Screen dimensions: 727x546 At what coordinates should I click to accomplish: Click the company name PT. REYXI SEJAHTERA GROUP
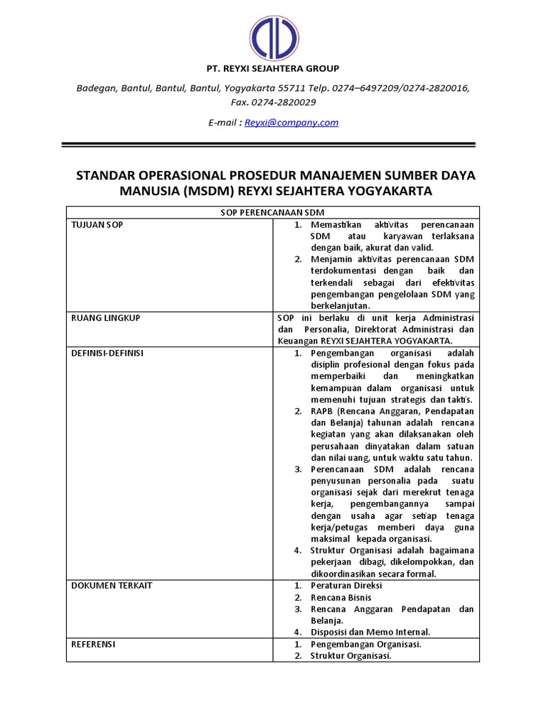pos(273,69)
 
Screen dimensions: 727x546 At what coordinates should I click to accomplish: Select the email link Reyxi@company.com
pos(291,122)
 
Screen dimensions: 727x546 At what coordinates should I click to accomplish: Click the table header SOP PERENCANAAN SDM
pos(273,212)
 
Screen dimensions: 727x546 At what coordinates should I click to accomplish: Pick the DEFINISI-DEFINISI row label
pos(107,353)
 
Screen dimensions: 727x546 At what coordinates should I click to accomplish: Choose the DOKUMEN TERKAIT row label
pos(112,586)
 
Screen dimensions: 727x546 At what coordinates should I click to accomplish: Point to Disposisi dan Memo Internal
pos(370,632)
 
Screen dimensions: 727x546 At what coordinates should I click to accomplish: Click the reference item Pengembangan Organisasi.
pos(365,644)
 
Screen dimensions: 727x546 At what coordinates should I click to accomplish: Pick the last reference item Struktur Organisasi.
pos(350,656)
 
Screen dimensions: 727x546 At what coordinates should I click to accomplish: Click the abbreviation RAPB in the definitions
pos(323,411)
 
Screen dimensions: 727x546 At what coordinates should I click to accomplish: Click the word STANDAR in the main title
pos(107,175)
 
